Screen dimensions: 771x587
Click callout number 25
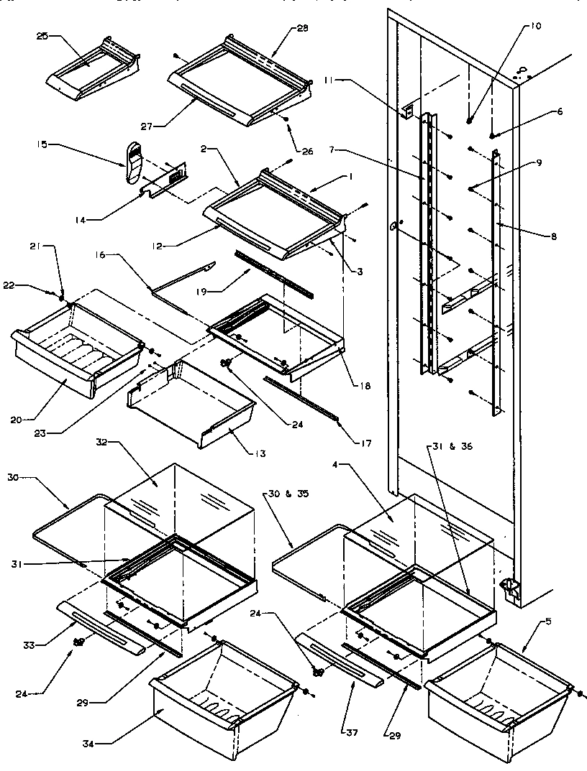pyautogui.click(x=42, y=36)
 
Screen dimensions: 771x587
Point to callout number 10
pyautogui.click(x=537, y=26)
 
